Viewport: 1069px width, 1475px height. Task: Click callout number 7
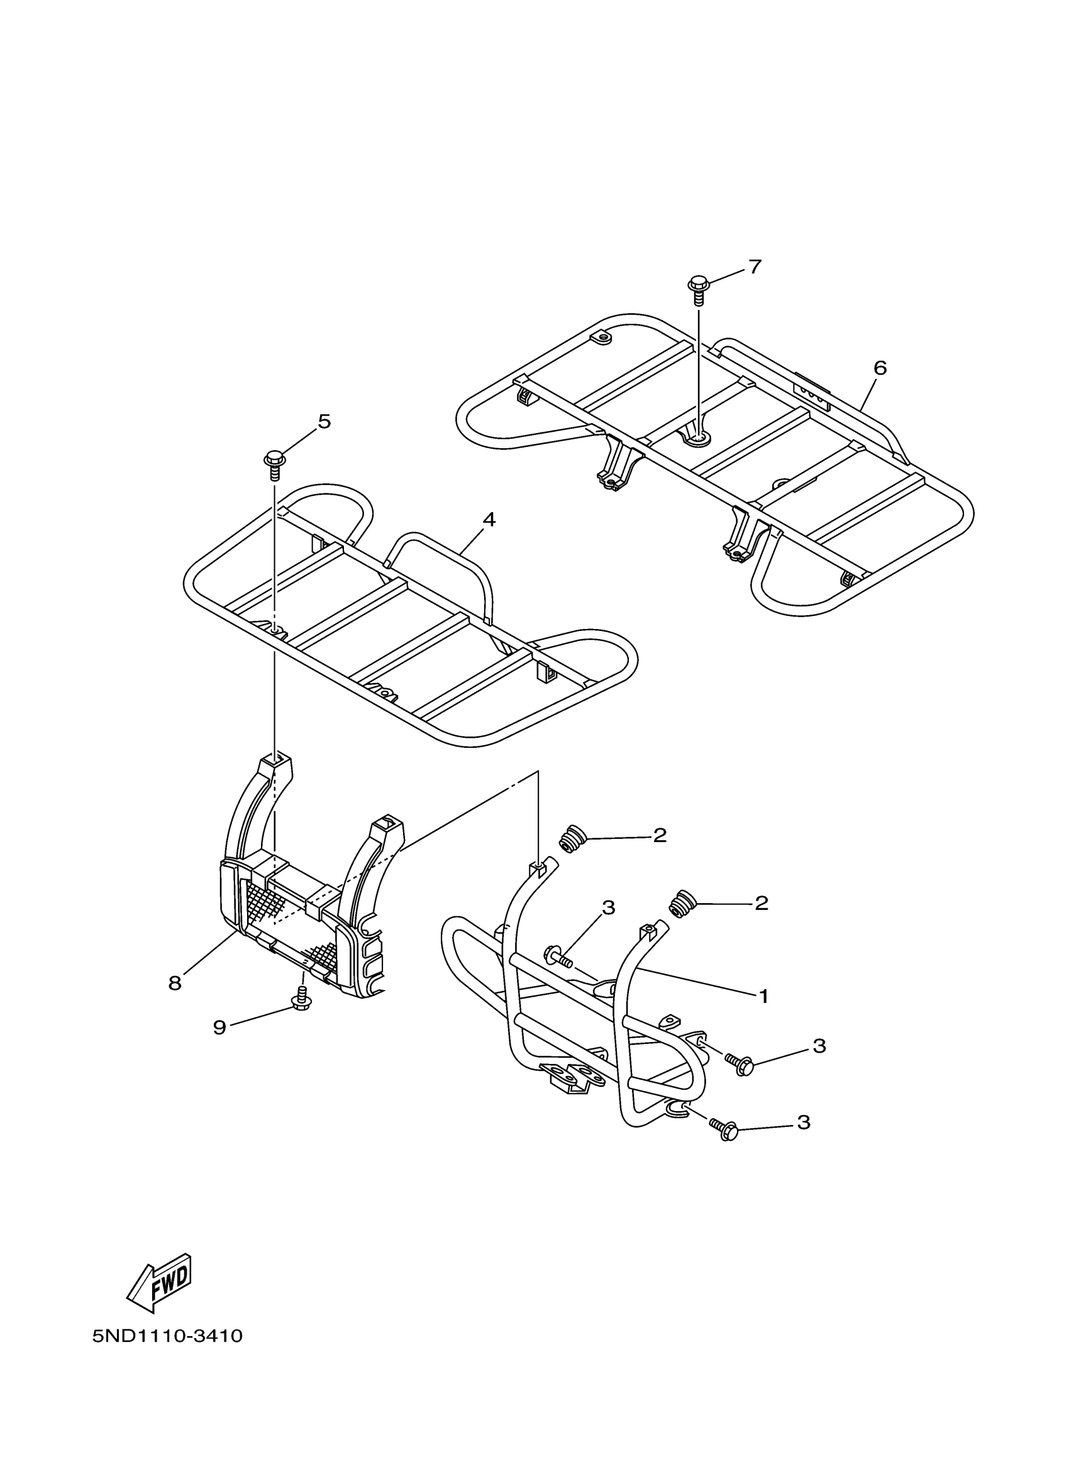[x=754, y=266]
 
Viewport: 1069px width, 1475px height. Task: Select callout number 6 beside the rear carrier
[x=880, y=368]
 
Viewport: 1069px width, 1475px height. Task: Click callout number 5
[x=324, y=422]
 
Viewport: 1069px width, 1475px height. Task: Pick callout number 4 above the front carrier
[x=489, y=520]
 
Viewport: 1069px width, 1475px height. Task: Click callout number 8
[x=174, y=984]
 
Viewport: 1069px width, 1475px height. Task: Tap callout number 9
[x=219, y=1027]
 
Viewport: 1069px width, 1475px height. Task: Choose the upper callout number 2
[x=660, y=836]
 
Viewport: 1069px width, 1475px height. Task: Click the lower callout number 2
[x=762, y=902]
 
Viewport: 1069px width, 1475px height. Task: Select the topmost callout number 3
[x=608, y=907]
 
